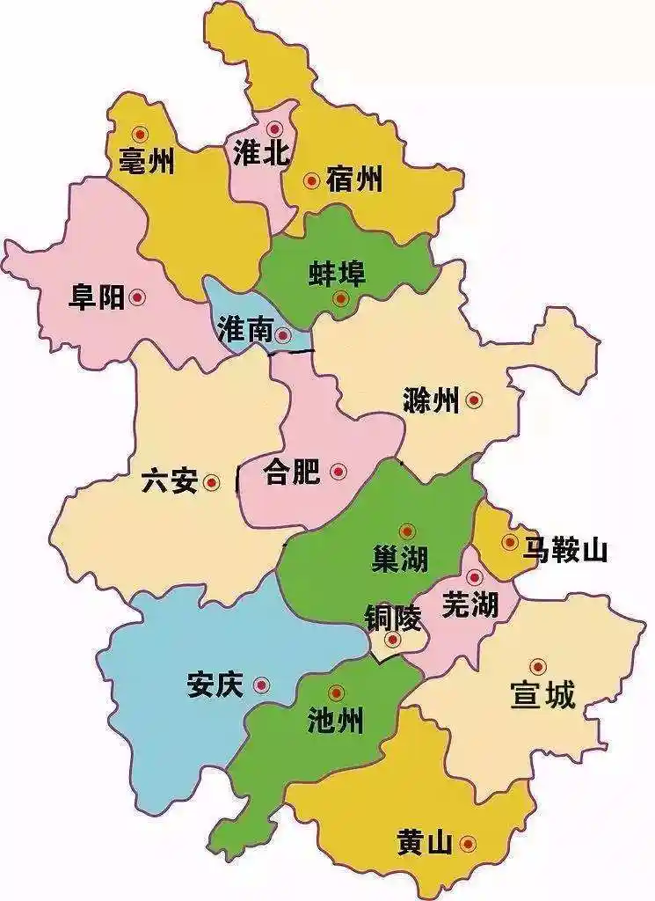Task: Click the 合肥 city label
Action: pos(292,473)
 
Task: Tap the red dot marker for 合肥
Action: pos(338,472)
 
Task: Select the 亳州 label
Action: pos(147,161)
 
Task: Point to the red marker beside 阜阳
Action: pos(137,298)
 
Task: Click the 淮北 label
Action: pos(261,154)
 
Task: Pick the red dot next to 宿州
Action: pos(311,181)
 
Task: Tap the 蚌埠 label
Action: pos(337,273)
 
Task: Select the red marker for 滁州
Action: pos(475,400)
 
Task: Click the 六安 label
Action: pos(170,482)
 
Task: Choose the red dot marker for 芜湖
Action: pos(475,578)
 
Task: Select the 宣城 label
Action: pos(542,696)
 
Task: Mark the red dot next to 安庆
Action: pos(261,685)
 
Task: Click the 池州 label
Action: pos(335,722)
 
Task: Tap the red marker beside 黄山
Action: pos(467,845)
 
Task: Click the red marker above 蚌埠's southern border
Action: pos(341,299)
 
